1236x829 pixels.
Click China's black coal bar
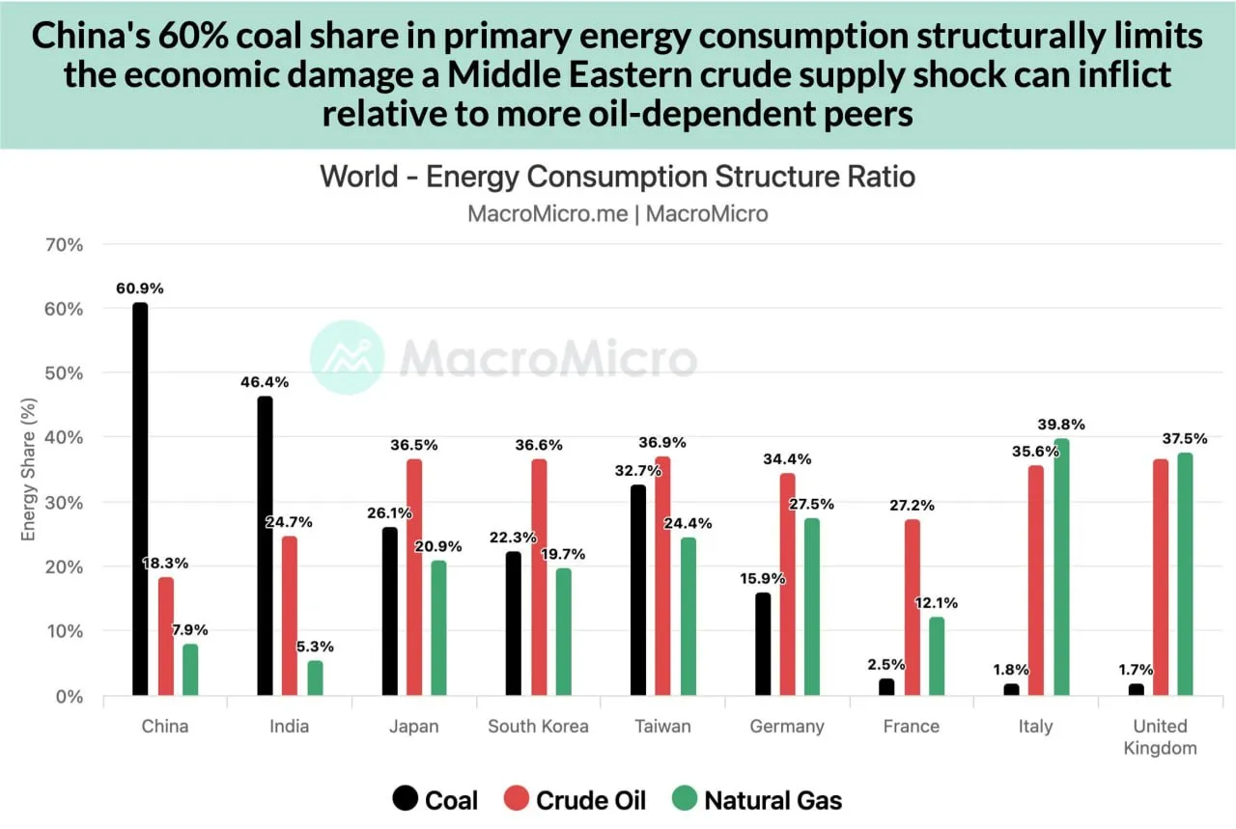coord(140,499)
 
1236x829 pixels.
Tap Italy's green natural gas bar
coord(1061,566)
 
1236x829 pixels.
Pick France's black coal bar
coord(886,686)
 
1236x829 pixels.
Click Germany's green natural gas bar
coord(811,606)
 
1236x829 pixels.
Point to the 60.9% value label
coord(140,288)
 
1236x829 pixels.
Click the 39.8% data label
coord(1061,424)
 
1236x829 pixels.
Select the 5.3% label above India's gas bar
coord(316,647)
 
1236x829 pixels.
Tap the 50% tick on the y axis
coord(64,373)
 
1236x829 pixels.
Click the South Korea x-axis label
coord(538,727)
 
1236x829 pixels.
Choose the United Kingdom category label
coord(1160,736)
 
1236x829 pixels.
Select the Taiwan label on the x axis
coord(663,727)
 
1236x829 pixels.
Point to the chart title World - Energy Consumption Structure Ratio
coord(617,178)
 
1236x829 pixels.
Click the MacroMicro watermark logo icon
coord(346,357)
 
